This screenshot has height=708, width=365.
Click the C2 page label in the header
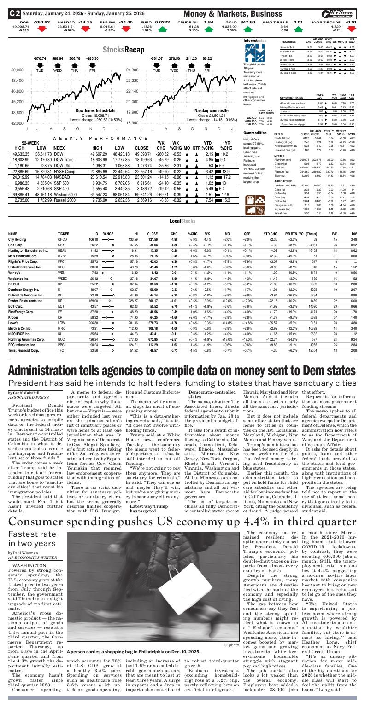15,14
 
